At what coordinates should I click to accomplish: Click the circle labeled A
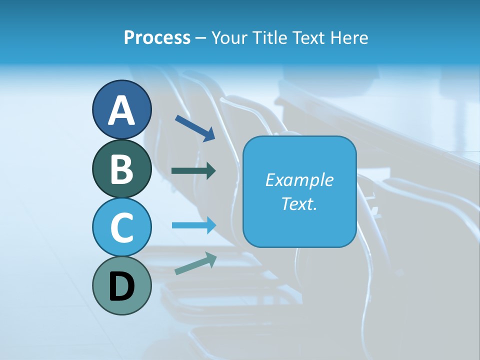coord(122,109)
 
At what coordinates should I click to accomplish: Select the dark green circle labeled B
coord(122,168)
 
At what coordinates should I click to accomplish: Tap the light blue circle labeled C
coord(122,227)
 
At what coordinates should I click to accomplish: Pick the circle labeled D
coord(122,285)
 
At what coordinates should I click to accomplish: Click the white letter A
coord(122,110)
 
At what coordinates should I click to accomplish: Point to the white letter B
coord(122,169)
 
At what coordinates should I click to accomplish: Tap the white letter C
coord(122,227)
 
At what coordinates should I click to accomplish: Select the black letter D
coord(122,286)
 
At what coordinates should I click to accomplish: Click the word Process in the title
coord(157,37)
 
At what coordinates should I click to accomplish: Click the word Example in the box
coord(299,180)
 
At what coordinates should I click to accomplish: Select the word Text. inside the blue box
coord(299,203)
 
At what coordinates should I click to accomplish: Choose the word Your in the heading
coord(228,37)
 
